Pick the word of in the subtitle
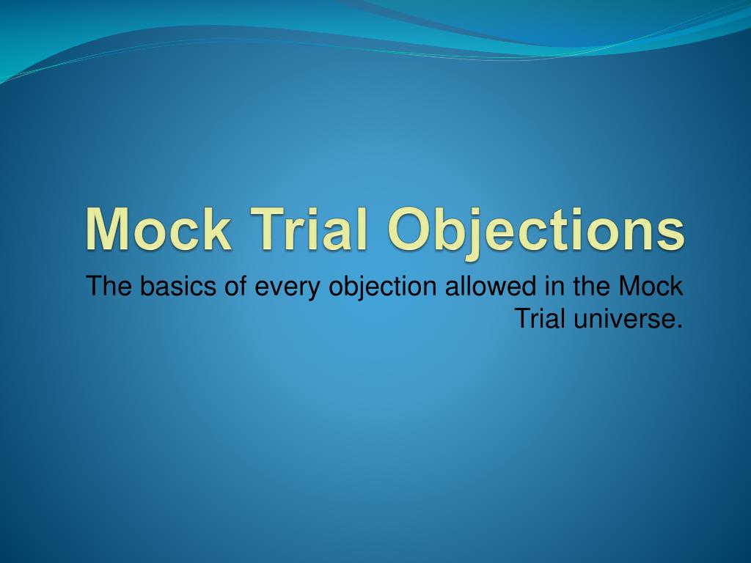[235, 287]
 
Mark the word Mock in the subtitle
[652, 287]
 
